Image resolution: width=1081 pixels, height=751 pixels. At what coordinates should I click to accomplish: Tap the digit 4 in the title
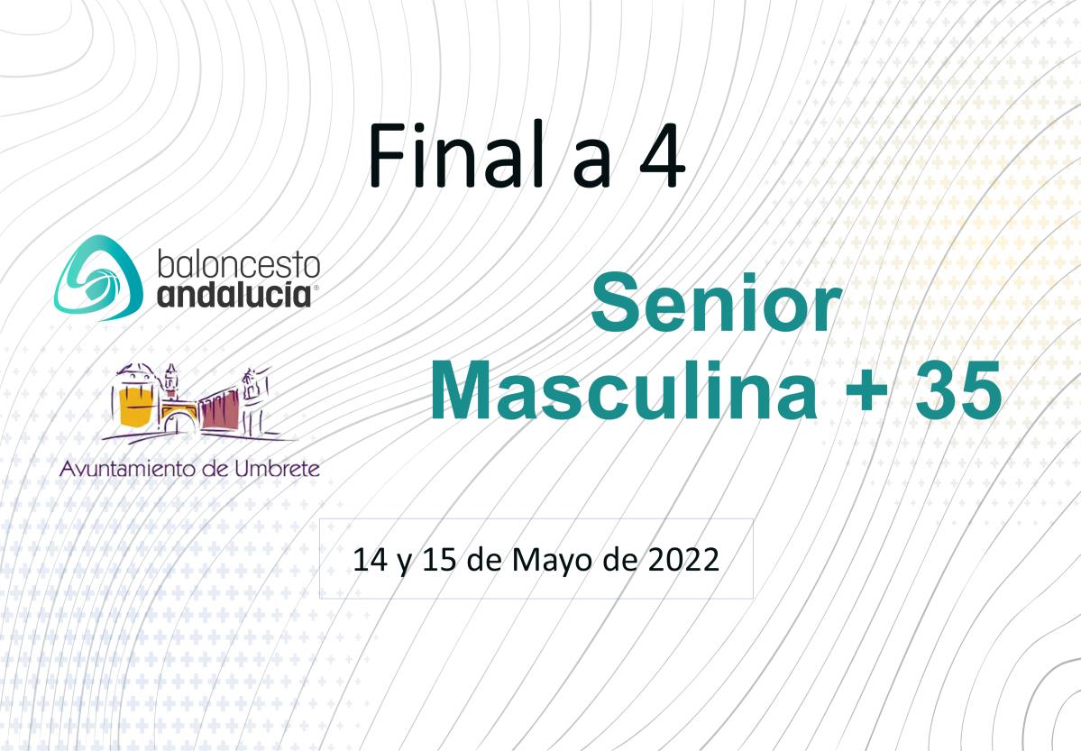coord(662,157)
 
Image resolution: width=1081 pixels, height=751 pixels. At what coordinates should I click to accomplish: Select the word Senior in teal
coord(716,303)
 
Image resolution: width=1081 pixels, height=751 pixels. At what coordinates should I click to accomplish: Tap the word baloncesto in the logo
coord(239,265)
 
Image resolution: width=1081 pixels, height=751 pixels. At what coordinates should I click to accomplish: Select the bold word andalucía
coord(234,295)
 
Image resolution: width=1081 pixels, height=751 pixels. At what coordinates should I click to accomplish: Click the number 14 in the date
coord(371,559)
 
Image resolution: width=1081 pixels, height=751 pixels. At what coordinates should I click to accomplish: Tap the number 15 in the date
coord(439,559)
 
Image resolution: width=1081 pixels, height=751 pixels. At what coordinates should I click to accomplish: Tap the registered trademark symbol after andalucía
coord(316,288)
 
